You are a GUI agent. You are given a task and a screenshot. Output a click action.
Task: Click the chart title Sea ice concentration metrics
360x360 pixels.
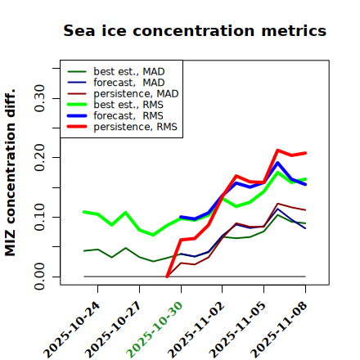tap(195, 30)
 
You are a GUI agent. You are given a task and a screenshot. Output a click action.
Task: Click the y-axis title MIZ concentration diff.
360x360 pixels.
tap(10, 173)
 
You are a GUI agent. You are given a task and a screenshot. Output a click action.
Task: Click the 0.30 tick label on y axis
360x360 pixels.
tap(39, 98)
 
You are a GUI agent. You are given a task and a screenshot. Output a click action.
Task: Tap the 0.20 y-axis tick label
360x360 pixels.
tap(39, 158)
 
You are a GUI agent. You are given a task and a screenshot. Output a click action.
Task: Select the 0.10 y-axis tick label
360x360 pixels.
tap(39, 217)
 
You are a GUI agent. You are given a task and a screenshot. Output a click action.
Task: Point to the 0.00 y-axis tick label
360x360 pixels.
tap(39, 277)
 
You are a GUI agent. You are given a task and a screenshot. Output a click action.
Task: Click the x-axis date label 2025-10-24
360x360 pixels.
tap(72, 330)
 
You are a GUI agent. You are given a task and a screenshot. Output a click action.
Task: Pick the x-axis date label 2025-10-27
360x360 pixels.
tap(114, 330)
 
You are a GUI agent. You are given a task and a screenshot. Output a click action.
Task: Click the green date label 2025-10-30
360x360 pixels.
tap(155, 330)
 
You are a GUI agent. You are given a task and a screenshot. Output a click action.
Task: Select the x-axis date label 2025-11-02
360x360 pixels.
tap(197, 330)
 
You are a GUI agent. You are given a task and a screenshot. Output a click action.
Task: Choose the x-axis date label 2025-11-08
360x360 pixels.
tap(280, 330)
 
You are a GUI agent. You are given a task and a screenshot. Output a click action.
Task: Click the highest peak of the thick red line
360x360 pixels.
tap(277, 151)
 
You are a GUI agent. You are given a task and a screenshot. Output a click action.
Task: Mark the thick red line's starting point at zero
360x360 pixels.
tap(167, 277)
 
